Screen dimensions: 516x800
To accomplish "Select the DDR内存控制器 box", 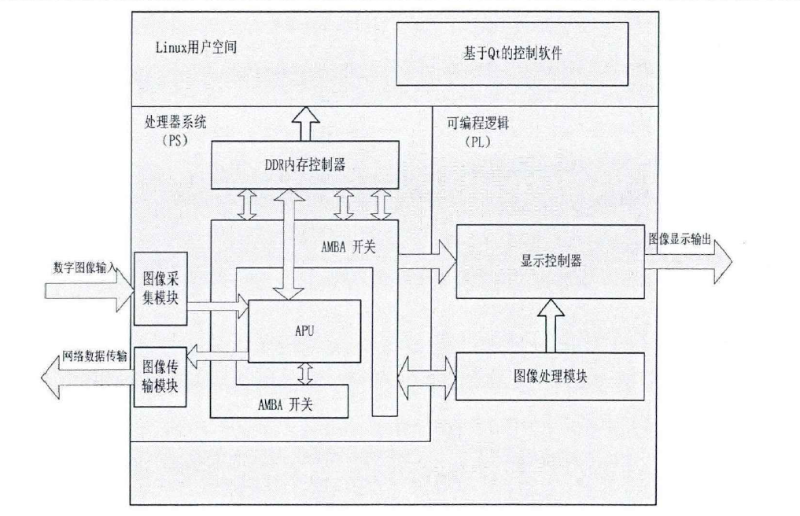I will click(302, 164).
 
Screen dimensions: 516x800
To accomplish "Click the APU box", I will click(304, 331).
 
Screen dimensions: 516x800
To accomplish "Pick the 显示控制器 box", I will click(551, 262).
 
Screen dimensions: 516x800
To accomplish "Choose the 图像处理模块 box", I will click(551, 376).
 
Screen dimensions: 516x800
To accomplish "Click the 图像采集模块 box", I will click(161, 289).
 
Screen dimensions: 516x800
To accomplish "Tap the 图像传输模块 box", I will click(161, 376).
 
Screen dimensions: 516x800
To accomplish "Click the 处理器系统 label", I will click(169, 124).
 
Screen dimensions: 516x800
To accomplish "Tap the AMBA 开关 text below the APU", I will click(284, 405).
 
